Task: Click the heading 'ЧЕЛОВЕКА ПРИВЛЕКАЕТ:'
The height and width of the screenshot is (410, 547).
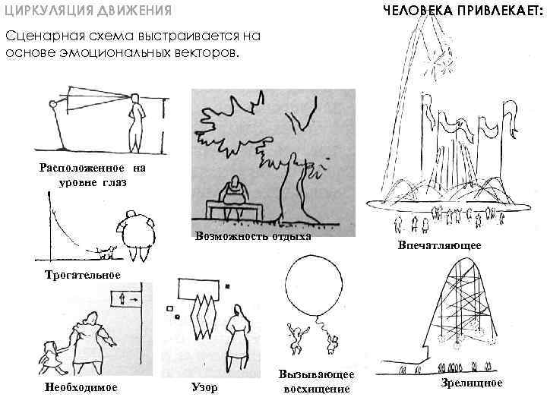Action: coord(463,11)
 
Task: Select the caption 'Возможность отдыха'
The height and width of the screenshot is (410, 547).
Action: coord(253,235)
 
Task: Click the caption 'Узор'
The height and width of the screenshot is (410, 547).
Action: coord(203,388)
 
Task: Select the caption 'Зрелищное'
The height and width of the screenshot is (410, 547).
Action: coord(472,383)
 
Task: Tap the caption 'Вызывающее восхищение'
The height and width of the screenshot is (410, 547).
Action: coord(317,383)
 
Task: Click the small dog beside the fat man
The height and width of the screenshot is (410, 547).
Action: coord(109,250)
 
